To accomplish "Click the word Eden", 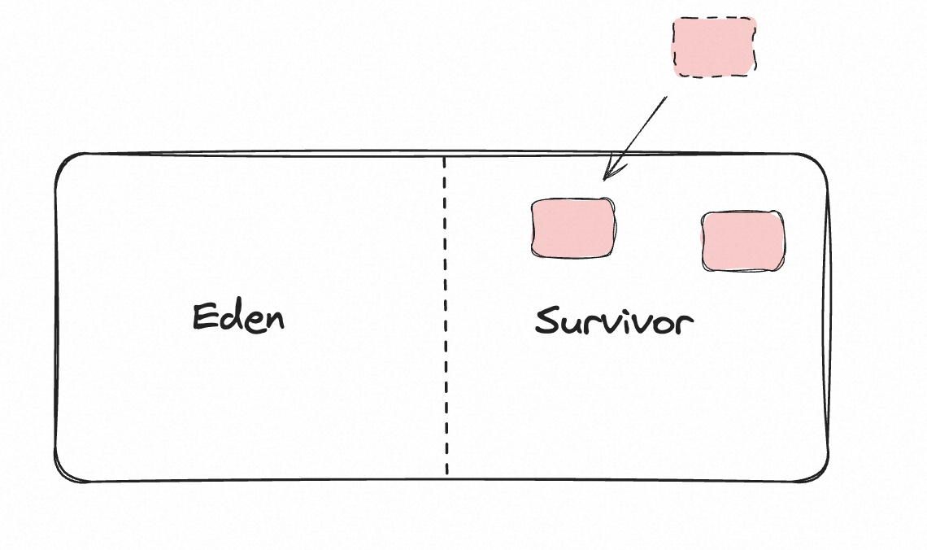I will coord(238,316).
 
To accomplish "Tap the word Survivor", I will coord(614,322).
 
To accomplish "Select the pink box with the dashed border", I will coord(714,47).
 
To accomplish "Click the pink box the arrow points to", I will coord(572,229).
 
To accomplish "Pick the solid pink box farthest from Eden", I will coord(743,241).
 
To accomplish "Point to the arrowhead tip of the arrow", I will coord(604,178).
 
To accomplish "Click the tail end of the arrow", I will coord(666,98).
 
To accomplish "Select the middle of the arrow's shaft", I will coord(636,137).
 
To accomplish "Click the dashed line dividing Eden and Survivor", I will coord(446,317).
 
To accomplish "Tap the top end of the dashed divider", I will coord(445,158).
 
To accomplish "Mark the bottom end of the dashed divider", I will coord(446,474).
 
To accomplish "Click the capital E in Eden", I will coord(204,316).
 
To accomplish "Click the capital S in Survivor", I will coord(547,321).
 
